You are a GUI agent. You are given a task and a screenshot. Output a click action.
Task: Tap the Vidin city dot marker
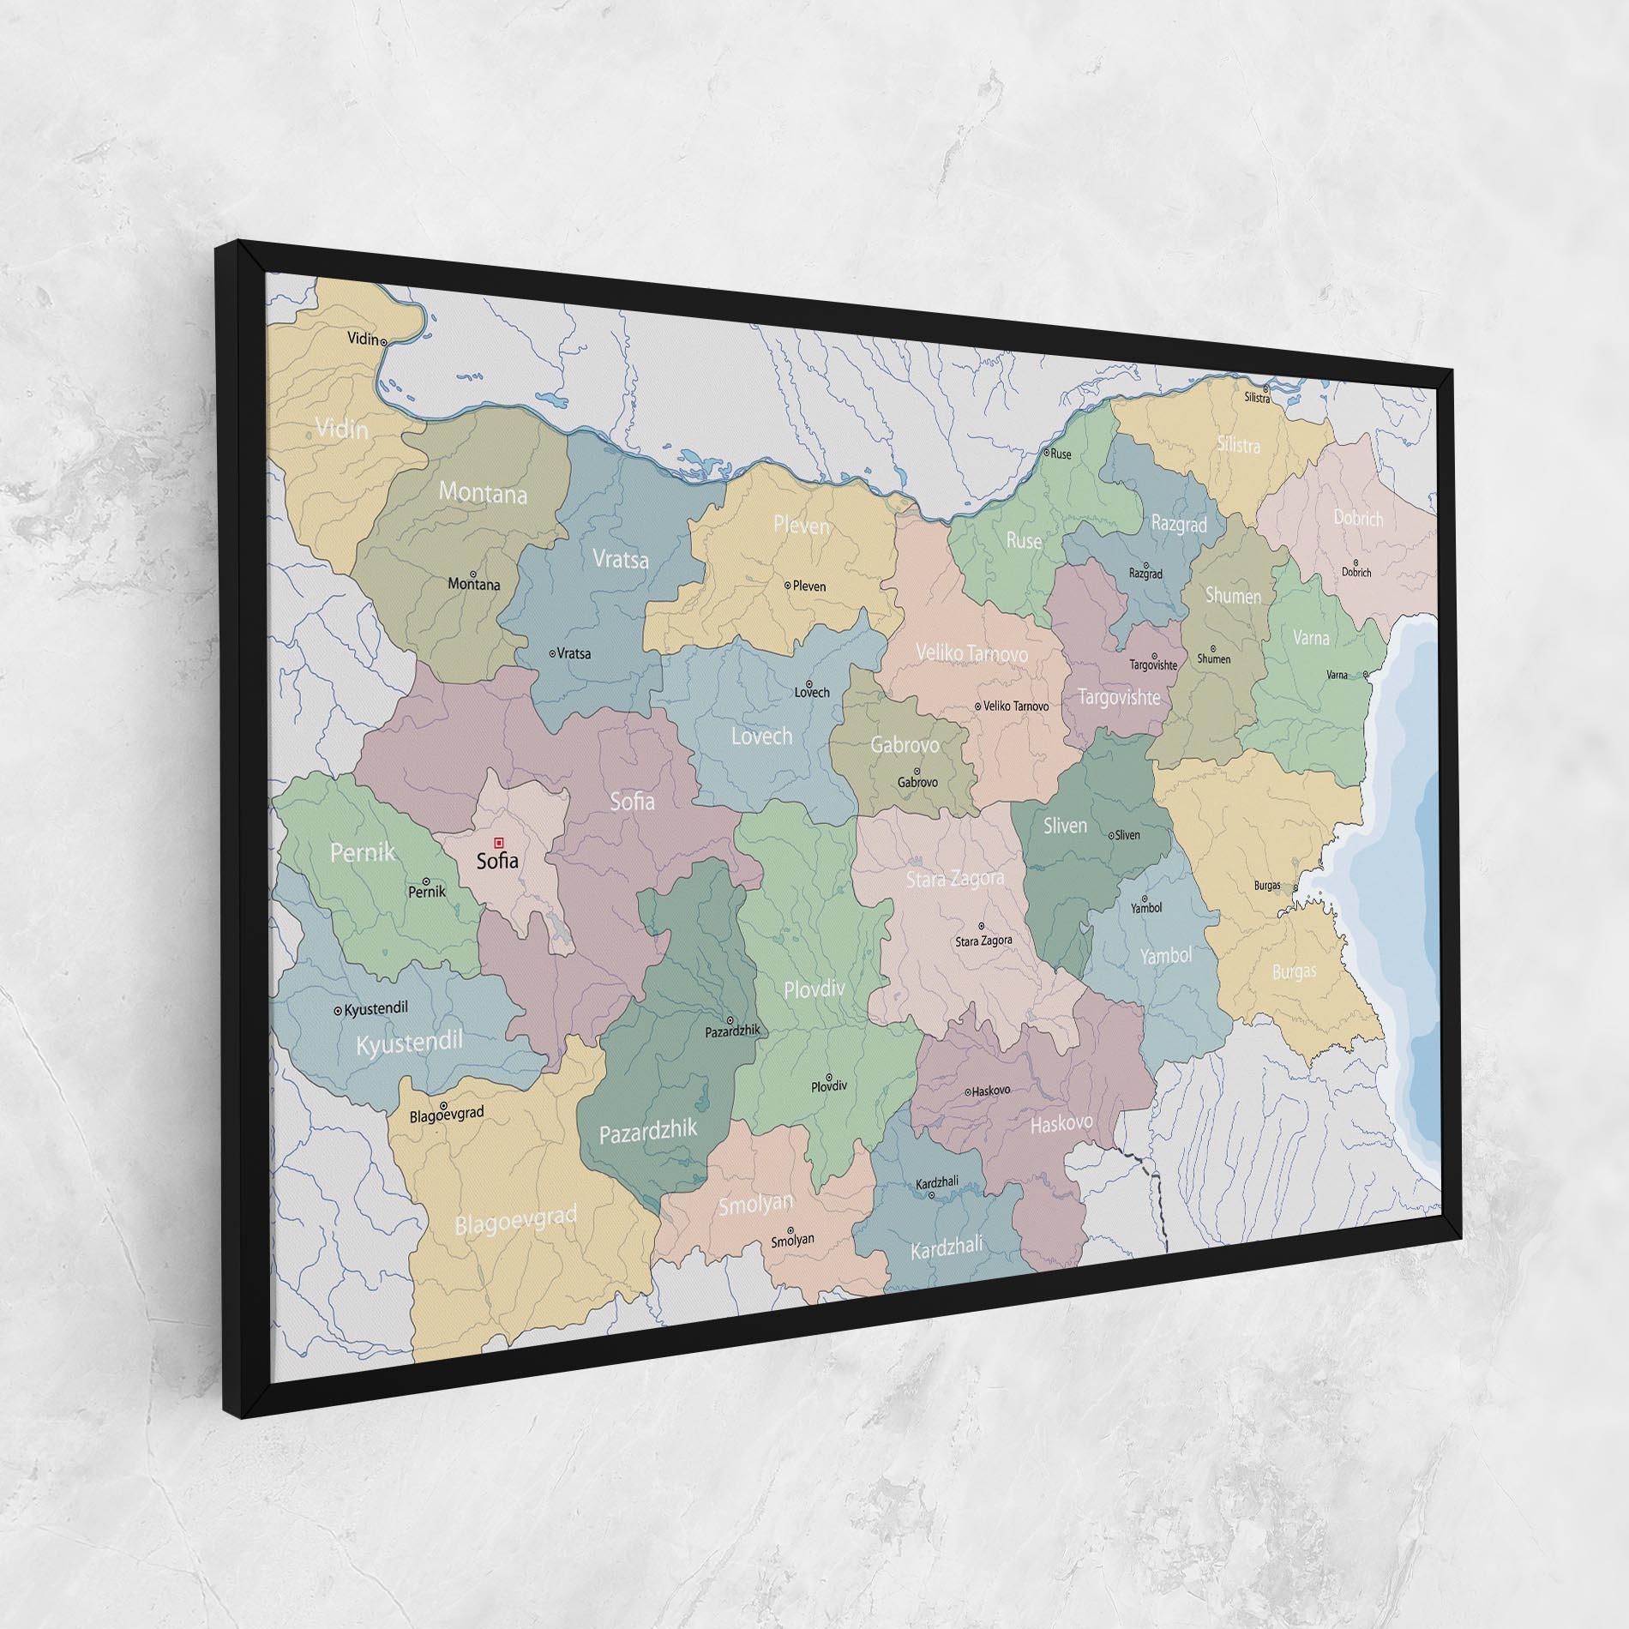pyautogui.click(x=384, y=341)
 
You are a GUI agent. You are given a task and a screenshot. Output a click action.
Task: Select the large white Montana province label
pyautogui.click(x=483, y=493)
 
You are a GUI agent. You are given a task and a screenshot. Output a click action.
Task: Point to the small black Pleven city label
pyautogui.click(x=809, y=586)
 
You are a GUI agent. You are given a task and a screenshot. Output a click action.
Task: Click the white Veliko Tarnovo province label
pyautogui.click(x=971, y=653)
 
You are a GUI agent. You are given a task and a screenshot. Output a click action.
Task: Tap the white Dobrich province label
pyautogui.click(x=1359, y=518)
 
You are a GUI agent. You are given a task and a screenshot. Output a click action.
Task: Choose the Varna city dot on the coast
pyautogui.click(x=1366, y=674)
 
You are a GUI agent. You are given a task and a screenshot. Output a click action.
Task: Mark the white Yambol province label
pyautogui.click(x=1166, y=955)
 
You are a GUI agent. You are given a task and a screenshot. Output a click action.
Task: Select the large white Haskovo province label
pyautogui.click(x=1061, y=1123)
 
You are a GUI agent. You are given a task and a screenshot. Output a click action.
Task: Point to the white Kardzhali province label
pyautogui.click(x=947, y=1247)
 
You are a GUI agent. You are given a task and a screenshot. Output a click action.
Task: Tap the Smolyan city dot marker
pyautogui.click(x=790, y=1229)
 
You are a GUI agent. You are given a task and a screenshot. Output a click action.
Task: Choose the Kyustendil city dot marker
pyautogui.click(x=338, y=1011)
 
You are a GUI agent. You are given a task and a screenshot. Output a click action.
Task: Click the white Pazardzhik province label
pyautogui.click(x=648, y=1132)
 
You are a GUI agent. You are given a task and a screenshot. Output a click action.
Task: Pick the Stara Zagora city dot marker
pyautogui.click(x=982, y=926)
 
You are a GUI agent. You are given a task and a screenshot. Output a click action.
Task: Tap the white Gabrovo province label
pyautogui.click(x=905, y=744)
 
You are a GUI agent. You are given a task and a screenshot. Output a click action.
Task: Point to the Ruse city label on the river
pyautogui.click(x=1061, y=454)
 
